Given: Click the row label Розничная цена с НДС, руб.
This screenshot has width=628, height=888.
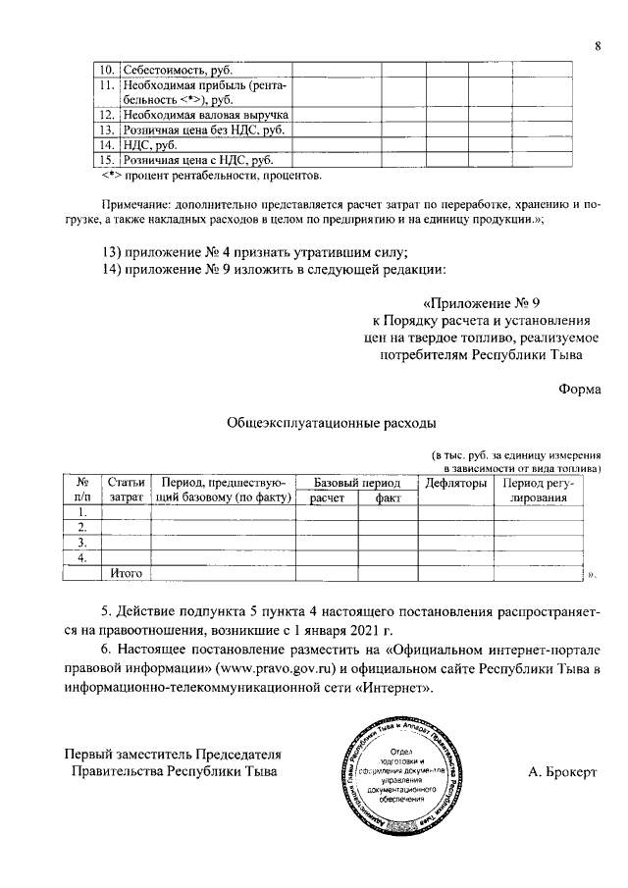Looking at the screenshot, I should tap(196, 160).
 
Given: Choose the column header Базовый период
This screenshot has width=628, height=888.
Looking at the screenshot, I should tap(356, 483).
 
